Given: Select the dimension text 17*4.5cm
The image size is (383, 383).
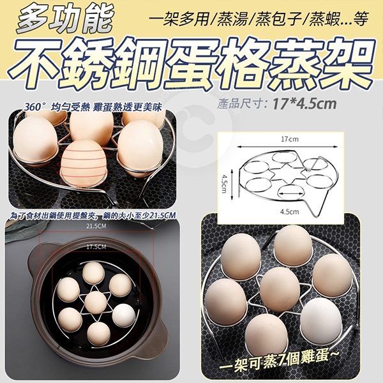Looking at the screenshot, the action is (304, 104).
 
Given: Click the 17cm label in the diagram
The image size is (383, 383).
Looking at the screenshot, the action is (289, 139).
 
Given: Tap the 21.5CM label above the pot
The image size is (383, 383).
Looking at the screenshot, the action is (96, 226).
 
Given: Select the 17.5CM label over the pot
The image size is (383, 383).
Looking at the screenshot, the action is (96, 247).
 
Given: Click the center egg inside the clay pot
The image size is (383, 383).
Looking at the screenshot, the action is (96, 303).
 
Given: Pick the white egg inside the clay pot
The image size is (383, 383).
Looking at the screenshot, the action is (124, 315).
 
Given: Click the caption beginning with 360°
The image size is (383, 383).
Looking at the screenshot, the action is (93, 107).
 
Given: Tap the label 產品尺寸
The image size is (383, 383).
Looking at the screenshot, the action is (241, 104).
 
